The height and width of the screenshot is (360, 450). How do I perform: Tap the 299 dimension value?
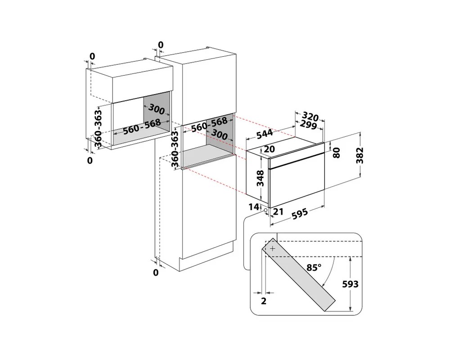(x=308, y=125)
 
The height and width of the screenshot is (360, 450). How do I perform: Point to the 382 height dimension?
(x=360, y=155)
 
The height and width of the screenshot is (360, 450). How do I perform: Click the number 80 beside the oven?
(x=336, y=153)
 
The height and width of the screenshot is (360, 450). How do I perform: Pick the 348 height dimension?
(x=260, y=178)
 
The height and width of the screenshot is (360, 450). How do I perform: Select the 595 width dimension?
(x=300, y=214)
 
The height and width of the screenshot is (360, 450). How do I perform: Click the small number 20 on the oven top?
(x=269, y=148)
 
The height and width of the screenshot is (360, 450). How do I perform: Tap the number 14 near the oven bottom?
(x=254, y=207)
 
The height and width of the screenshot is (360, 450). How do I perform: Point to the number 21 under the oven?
(x=278, y=211)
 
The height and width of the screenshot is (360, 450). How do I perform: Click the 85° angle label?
(x=314, y=268)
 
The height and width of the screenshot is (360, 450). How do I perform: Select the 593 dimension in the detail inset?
(x=351, y=284)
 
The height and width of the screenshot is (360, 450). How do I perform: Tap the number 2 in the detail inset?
(x=263, y=301)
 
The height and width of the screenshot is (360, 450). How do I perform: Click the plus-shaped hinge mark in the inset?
(x=272, y=248)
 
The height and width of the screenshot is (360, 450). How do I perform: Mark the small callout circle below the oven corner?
(x=265, y=211)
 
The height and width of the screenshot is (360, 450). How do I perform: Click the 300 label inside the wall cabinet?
(x=157, y=109)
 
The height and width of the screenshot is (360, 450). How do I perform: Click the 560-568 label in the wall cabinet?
(x=142, y=126)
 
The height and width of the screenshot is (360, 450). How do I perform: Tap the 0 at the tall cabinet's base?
(x=156, y=272)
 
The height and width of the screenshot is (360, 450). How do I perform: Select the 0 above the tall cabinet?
(x=161, y=45)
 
